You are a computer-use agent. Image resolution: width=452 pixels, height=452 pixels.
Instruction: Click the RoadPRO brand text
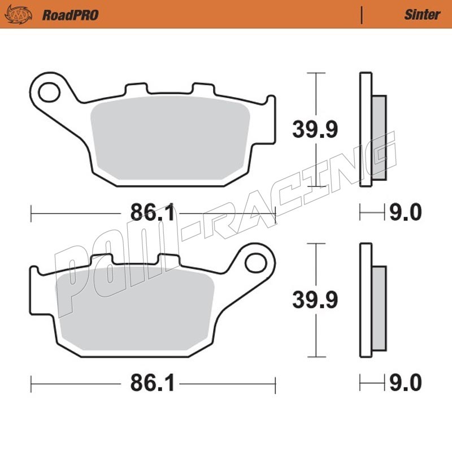pos(70,15)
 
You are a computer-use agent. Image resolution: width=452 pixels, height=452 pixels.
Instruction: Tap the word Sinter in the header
pos(422,15)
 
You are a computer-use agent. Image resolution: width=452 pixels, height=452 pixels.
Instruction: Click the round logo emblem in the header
pos(19,15)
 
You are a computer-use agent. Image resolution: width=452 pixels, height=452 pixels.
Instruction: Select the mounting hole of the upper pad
pos(49,92)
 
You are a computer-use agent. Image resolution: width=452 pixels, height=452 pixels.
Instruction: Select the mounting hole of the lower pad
pos(255,263)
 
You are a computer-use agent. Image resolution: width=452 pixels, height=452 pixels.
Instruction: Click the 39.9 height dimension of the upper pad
pos(315,129)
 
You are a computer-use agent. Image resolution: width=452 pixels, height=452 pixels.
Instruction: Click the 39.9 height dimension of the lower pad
pos(315,300)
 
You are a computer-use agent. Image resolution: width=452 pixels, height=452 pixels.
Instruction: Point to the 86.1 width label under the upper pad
pos(153,212)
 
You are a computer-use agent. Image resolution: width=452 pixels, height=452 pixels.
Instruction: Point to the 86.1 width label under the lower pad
pos(153,383)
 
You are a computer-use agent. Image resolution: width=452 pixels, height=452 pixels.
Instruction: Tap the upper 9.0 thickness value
pos(406,212)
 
